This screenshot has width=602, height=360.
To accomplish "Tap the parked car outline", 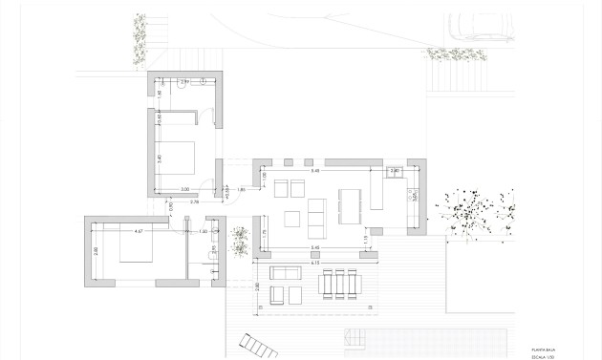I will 475,29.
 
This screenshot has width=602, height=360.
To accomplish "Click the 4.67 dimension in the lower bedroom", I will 138,232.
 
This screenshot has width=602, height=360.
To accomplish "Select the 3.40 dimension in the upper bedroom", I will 160,158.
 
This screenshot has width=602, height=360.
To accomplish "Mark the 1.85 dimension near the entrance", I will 241,191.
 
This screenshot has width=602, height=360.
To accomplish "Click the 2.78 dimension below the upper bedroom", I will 194,202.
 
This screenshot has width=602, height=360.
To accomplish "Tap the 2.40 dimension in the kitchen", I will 396,171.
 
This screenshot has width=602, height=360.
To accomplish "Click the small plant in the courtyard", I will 239,242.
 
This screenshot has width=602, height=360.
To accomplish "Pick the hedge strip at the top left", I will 140,40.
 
